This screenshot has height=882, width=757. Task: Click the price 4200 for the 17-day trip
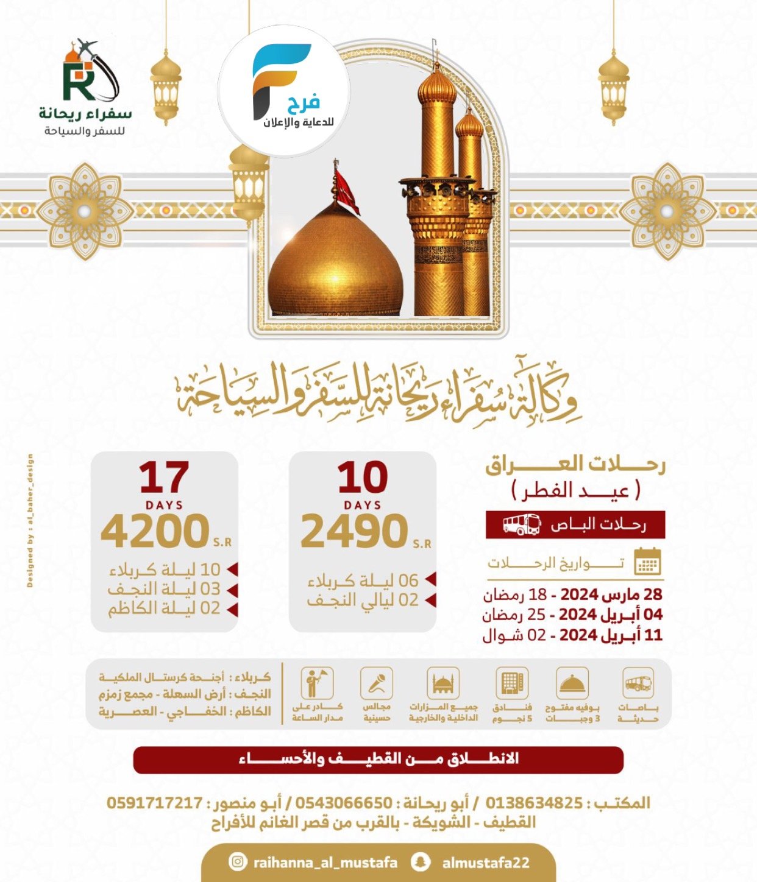pos(155,531)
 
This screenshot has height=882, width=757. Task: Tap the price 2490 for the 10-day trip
pos(354,531)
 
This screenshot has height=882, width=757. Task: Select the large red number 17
pos(164,478)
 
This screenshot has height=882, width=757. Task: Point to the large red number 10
pos(363,478)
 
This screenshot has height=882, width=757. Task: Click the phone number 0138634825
pos(534,803)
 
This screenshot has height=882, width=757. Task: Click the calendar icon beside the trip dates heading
pos(647,562)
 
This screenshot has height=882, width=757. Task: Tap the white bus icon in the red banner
pos(522,524)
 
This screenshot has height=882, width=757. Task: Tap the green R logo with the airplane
pos(88,73)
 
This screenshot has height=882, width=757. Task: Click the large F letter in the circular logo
pos(278,76)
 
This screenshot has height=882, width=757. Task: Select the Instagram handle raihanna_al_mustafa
pos(325,863)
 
